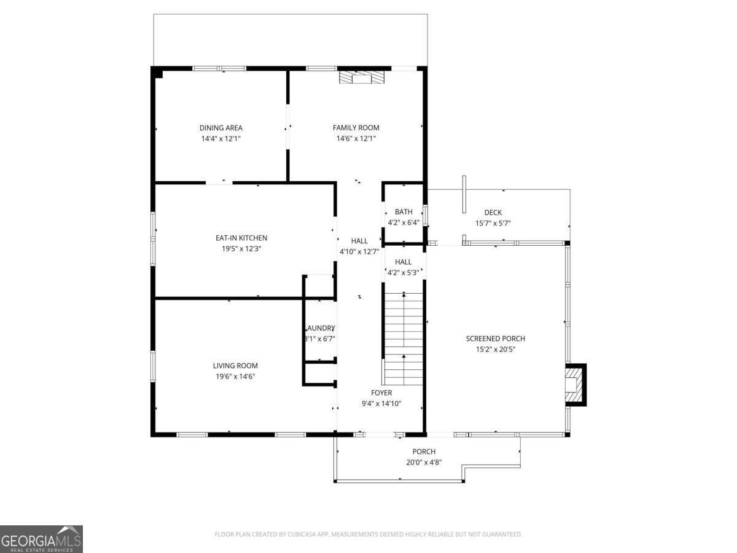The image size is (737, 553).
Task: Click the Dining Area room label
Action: (x=220, y=128)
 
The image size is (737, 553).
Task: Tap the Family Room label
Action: (x=356, y=128)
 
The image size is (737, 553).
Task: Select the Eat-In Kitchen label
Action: (x=241, y=238)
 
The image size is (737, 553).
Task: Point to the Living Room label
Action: (x=235, y=366)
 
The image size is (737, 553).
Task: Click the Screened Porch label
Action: (x=495, y=339)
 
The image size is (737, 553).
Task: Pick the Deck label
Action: (x=493, y=213)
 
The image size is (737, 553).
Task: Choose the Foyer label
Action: (x=381, y=393)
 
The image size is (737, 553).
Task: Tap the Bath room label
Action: (x=404, y=212)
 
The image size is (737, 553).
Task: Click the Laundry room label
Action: (x=320, y=327)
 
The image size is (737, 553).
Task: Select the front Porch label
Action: (x=424, y=452)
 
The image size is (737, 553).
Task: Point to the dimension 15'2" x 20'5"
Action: (x=495, y=350)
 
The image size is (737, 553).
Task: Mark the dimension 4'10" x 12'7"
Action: (x=359, y=251)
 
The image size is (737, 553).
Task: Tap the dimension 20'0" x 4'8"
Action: (x=424, y=463)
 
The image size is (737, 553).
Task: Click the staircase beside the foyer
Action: (x=404, y=338)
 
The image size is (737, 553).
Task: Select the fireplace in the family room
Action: (x=362, y=77)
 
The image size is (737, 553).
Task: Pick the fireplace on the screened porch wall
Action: (x=575, y=385)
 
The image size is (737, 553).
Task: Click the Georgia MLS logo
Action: (x=41, y=539)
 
